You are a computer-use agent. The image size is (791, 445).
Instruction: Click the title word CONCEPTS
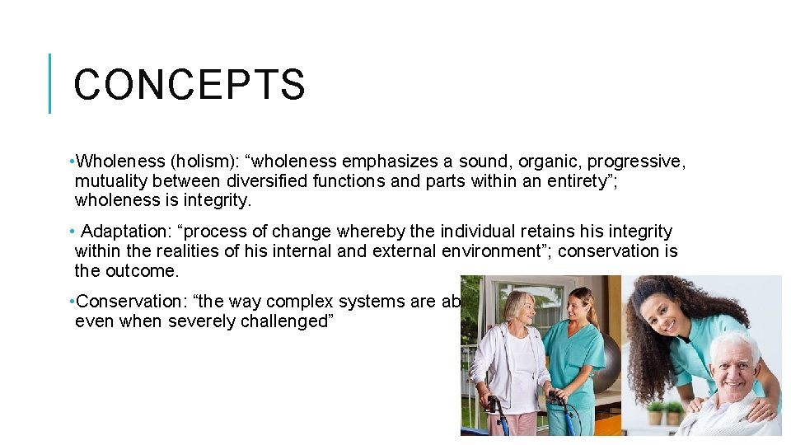coord(190,85)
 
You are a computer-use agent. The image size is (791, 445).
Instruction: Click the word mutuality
coord(112,180)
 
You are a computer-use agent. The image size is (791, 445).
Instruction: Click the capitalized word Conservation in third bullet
coord(124,302)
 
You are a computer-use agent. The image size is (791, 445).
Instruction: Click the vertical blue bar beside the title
coord(50,83)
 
